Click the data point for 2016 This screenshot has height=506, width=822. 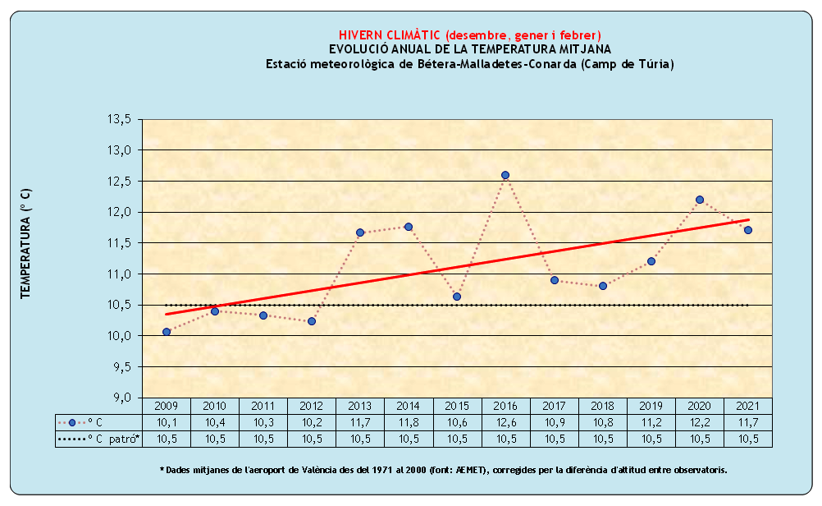(505, 175)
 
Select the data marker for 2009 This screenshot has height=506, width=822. (167, 332)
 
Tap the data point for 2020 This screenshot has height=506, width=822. (700, 200)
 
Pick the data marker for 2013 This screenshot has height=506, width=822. (360, 232)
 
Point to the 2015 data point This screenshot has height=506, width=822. (457, 297)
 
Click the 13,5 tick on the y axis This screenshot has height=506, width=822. (119, 120)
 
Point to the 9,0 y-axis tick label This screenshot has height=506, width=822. (121, 398)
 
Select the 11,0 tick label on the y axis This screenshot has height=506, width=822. (119, 274)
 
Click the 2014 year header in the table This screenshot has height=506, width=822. (409, 406)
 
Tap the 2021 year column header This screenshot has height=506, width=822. (748, 406)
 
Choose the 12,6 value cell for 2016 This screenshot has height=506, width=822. (505, 422)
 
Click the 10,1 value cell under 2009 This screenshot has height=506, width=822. (167, 422)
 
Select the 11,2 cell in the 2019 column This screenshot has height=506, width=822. (651, 422)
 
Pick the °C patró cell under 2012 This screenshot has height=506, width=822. (312, 439)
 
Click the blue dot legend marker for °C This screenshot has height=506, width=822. (72, 422)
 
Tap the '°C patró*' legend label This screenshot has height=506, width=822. (114, 439)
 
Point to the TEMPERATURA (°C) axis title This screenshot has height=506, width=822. (25, 243)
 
